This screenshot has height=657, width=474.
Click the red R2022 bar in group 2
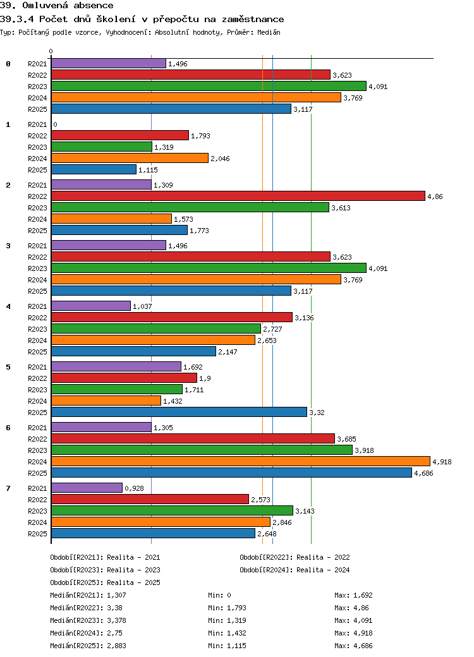(238, 196)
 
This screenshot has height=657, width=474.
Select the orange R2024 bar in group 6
(240, 462)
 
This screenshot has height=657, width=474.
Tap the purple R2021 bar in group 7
(87, 488)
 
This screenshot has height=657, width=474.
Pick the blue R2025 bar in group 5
(179, 412)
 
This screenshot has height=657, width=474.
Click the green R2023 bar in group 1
(101, 147)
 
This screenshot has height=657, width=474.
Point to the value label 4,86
(435, 196)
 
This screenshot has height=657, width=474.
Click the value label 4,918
(442, 462)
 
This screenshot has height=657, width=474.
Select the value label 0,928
(134, 488)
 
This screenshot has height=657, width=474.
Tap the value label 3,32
(317, 413)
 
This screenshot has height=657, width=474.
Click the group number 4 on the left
(8, 306)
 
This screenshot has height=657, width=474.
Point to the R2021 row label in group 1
(37, 124)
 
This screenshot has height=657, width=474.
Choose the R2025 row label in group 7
(37, 534)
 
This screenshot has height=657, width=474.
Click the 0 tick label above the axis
(51, 52)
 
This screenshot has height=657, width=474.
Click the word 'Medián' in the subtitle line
(269, 32)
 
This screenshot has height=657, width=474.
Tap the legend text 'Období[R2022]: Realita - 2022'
(295, 557)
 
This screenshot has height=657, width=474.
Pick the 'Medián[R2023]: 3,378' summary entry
(88, 620)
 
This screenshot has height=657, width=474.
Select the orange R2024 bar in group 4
(153, 340)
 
